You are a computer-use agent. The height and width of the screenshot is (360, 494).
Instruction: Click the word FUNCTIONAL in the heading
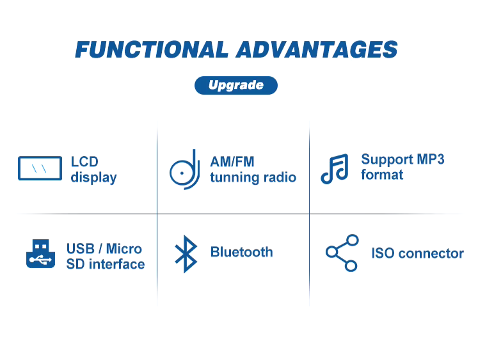152,50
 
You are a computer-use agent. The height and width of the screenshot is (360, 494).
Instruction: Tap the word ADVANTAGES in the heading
317,50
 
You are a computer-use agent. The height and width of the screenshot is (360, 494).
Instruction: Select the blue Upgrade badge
236,85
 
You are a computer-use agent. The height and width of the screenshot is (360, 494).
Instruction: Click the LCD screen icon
40,168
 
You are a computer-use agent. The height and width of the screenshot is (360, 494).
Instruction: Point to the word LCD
84,162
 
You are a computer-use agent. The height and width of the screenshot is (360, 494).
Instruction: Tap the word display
93,178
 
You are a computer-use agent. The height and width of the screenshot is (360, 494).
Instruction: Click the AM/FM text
232,162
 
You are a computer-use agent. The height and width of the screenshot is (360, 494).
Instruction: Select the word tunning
235,178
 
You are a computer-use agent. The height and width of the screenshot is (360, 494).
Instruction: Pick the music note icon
335,169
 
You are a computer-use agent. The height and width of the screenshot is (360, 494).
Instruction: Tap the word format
382,175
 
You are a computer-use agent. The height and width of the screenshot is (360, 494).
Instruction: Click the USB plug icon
41,254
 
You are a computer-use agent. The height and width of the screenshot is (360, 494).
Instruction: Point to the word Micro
124,249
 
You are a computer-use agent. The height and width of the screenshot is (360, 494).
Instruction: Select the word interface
117,264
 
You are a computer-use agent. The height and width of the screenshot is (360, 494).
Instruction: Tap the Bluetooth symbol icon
186,254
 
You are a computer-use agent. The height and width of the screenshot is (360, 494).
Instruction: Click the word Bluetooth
242,253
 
